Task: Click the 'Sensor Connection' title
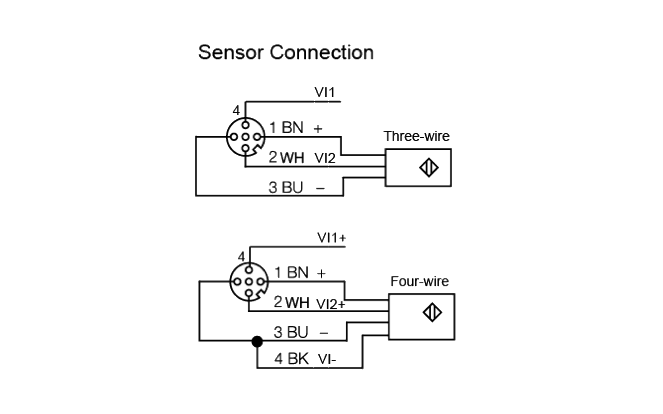[286, 52]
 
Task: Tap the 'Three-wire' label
[416, 136]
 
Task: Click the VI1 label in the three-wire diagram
[324, 92]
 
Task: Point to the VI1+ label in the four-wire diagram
[331, 237]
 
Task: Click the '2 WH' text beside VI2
[286, 157]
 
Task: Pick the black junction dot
[257, 341]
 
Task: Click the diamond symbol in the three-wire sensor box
[429, 168]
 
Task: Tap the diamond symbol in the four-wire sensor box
[432, 312]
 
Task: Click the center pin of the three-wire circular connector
[246, 137]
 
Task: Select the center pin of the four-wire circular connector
[249, 282]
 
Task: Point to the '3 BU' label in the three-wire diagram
[286, 187]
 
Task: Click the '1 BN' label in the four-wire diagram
[291, 273]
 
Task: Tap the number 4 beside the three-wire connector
[236, 111]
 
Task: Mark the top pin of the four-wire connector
[249, 270]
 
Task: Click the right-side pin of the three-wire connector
[257, 137]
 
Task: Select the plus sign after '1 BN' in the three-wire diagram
[318, 129]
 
